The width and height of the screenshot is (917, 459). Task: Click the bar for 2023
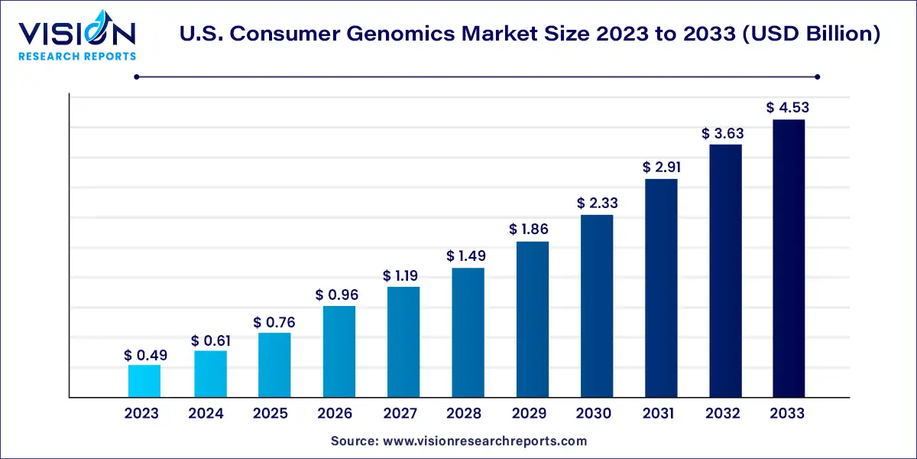(x=144, y=381)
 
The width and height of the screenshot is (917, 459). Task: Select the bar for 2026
(x=339, y=351)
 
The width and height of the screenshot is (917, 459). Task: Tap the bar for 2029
(x=533, y=319)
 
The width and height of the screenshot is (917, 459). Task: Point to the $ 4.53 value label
(x=788, y=108)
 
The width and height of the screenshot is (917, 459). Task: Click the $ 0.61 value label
(x=212, y=340)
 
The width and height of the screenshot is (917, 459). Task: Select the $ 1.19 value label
(x=403, y=275)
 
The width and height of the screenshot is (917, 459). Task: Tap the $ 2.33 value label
(x=597, y=203)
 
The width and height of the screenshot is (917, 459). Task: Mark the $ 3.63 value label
(x=724, y=133)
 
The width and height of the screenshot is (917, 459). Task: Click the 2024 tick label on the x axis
(x=206, y=414)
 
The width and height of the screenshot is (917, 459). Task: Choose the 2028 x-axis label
(x=465, y=414)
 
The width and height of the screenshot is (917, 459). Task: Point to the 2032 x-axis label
(x=723, y=414)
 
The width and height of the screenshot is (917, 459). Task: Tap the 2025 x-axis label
(x=271, y=414)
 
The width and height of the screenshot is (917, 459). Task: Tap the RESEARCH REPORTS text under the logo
(x=76, y=57)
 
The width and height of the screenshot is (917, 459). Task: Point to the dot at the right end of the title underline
(x=817, y=76)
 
